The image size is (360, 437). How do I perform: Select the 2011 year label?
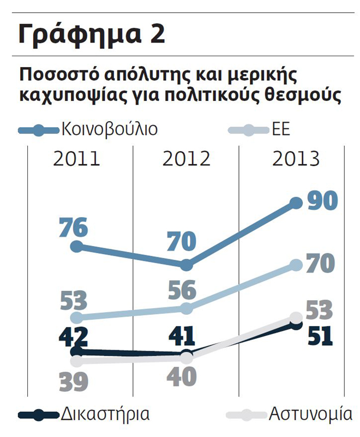tap(77, 159)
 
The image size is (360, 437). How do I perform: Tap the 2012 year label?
tap(186, 159)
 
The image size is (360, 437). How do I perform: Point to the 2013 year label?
tap(296, 159)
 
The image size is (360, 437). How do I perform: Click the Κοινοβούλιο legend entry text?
tap(109, 130)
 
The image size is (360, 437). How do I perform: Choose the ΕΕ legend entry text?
tap(281, 130)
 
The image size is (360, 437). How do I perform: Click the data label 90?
tap(322, 200)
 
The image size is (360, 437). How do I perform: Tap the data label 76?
tap(73, 228)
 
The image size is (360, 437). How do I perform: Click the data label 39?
tap(73, 381)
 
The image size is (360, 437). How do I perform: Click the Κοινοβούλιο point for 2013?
tap(296, 203)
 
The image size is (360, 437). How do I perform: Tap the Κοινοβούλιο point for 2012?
tap(186, 265)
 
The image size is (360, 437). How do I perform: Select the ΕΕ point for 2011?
tap(77, 318)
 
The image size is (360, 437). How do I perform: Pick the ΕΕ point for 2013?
tap(296, 265)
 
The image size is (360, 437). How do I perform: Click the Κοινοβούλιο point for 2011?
tap(77, 246)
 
